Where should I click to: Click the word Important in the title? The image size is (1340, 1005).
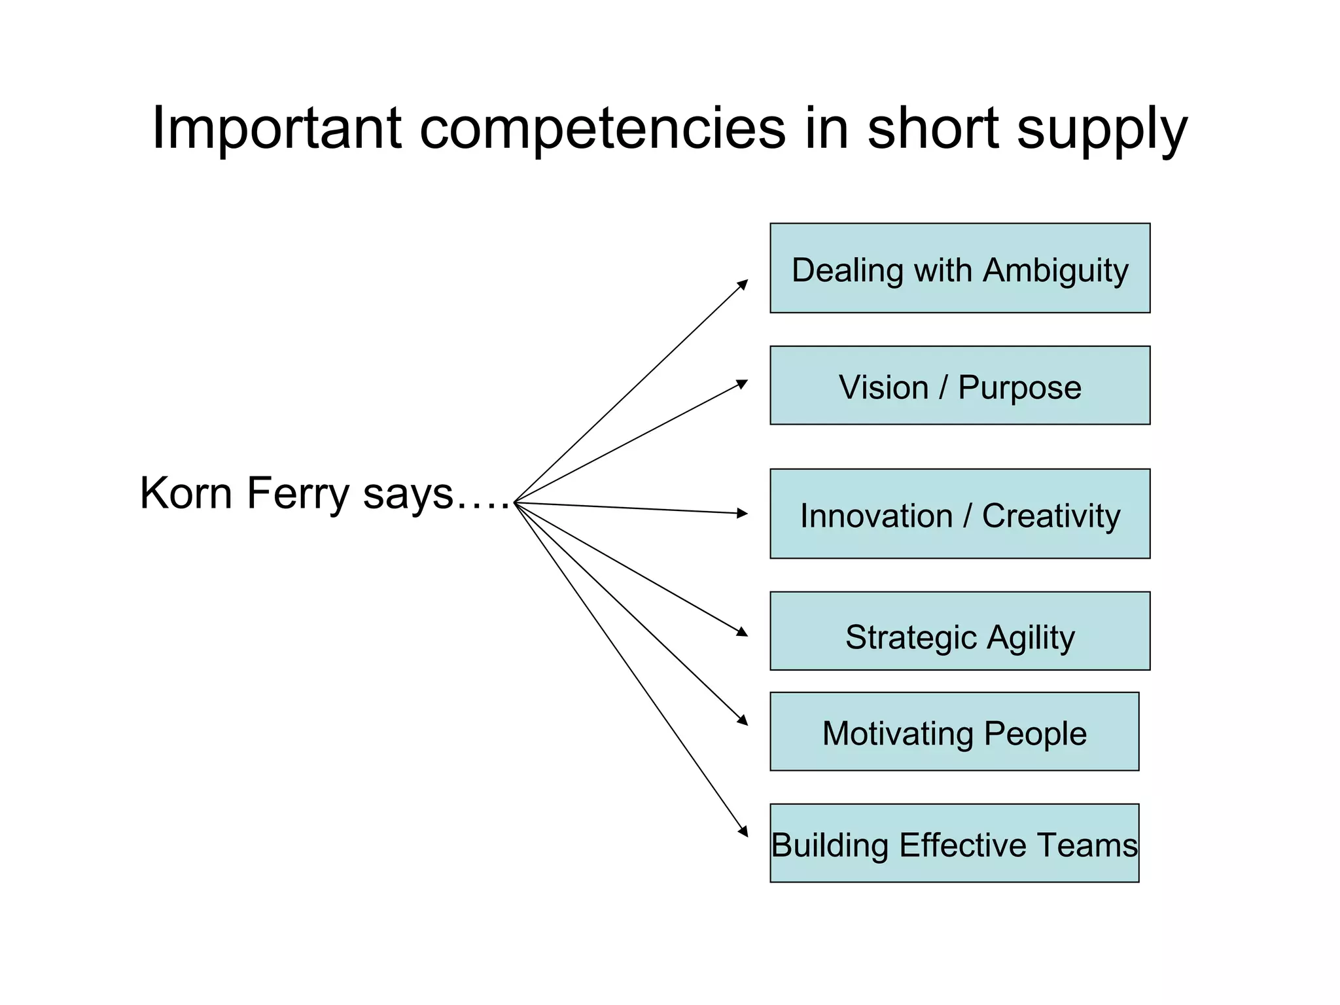[x=275, y=129]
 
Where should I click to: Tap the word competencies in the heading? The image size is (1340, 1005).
[x=602, y=129]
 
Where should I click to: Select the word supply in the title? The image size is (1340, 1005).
[x=1102, y=129]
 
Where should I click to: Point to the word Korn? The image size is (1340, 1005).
[x=186, y=493]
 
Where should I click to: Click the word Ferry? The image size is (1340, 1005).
[x=298, y=493]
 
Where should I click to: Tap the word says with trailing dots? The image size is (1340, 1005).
[x=434, y=495]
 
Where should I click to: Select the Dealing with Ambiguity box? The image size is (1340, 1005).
[x=959, y=268]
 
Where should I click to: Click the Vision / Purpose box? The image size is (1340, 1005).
[x=959, y=385]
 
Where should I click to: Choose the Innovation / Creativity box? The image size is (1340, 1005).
[x=959, y=514]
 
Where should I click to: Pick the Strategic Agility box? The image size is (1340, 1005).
[x=959, y=631]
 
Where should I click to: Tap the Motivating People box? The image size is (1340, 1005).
[x=954, y=732]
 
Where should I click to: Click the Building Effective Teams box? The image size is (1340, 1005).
[x=954, y=843]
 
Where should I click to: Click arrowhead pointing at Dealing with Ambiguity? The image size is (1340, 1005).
[x=743, y=284]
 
